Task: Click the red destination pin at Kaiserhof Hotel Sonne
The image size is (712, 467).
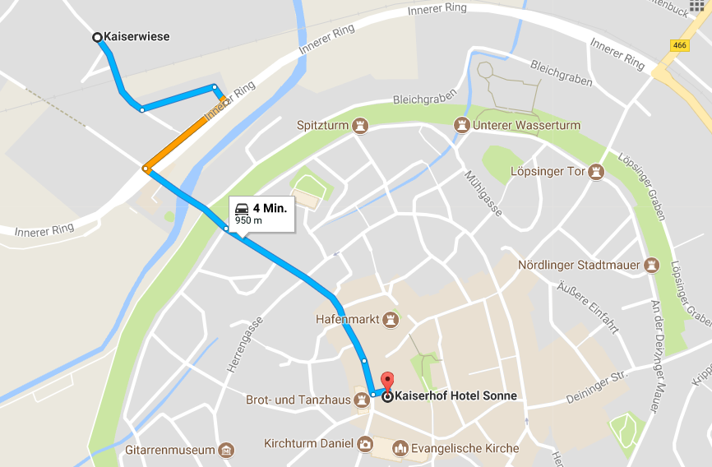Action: pyautogui.click(x=388, y=382)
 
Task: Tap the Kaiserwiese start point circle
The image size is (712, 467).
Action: pyautogui.click(x=97, y=37)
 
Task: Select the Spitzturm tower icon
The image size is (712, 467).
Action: pyautogui.click(x=358, y=126)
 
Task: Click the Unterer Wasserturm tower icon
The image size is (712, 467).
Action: pyautogui.click(x=460, y=126)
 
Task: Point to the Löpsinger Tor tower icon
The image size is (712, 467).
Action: pyautogui.click(x=597, y=172)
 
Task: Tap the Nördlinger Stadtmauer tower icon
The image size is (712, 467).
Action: pyautogui.click(x=652, y=266)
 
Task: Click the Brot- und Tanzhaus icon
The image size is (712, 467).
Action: pyautogui.click(x=361, y=400)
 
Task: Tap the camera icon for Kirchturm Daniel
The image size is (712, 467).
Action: pyautogui.click(x=364, y=445)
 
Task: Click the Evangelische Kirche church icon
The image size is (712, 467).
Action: pyautogui.click(x=400, y=448)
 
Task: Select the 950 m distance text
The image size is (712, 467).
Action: pyautogui.click(x=249, y=220)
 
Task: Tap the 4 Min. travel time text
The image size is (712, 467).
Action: pyautogui.click(x=270, y=208)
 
